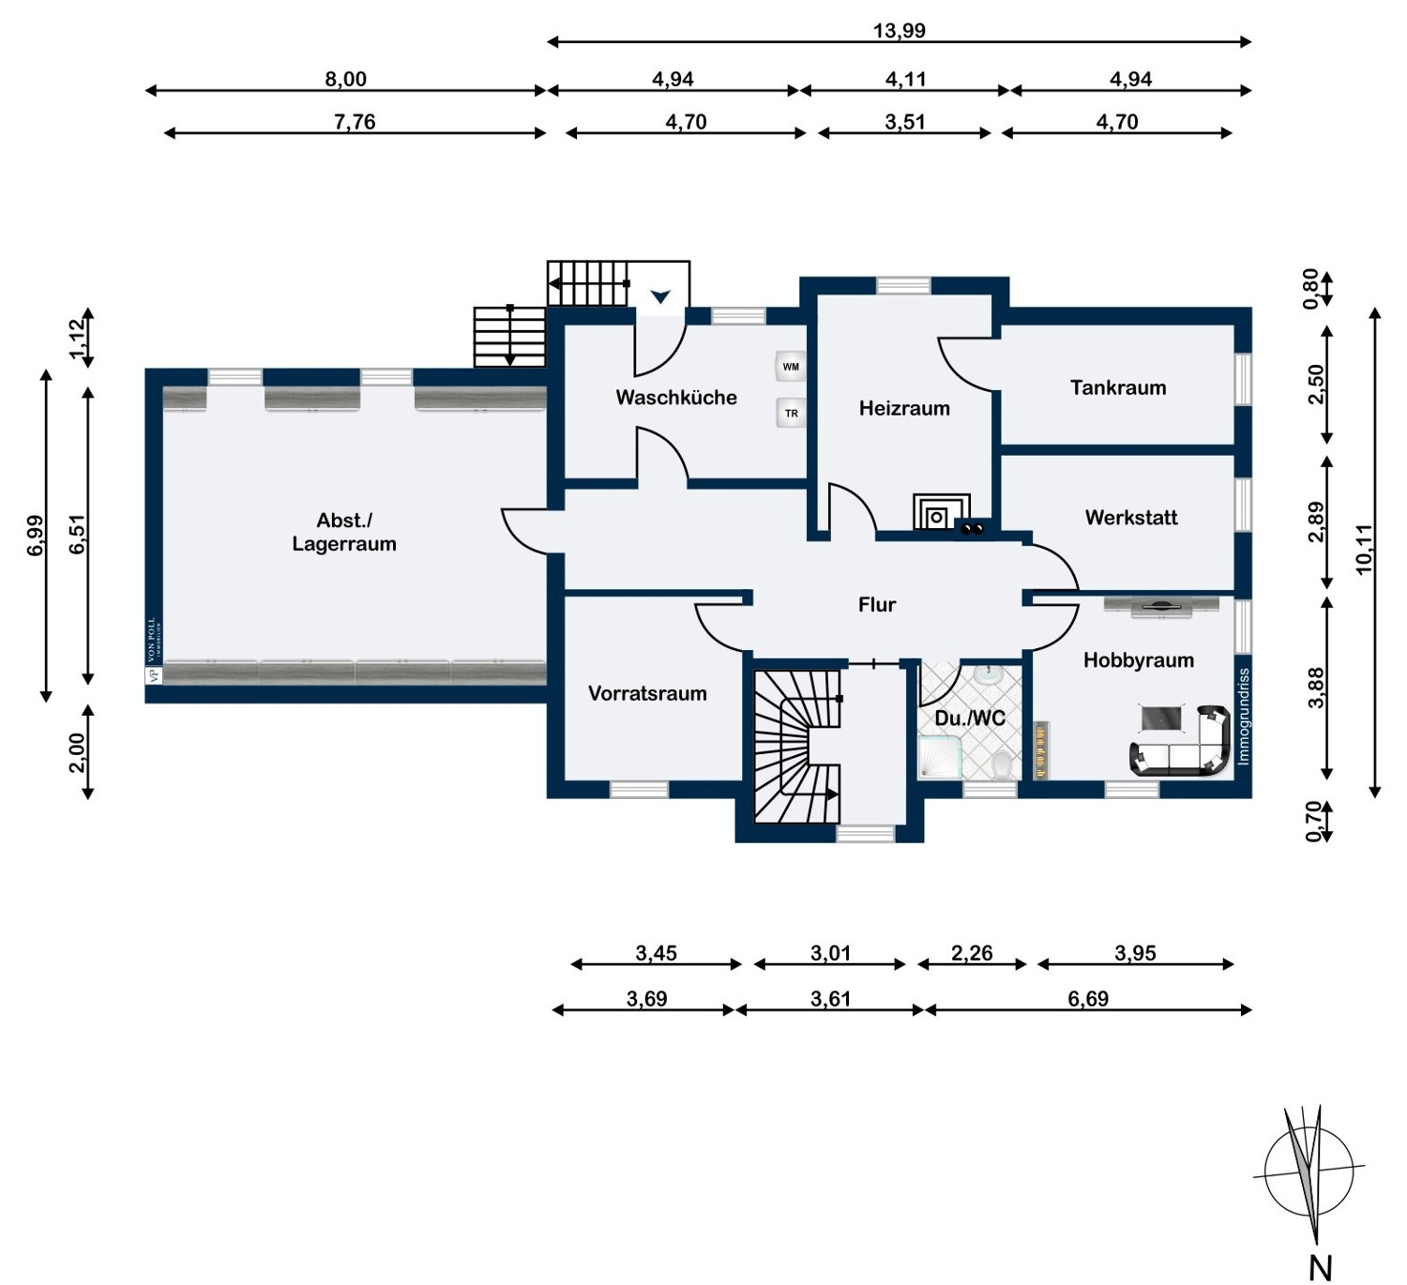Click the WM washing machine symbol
click(x=791, y=366)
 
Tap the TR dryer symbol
click(x=791, y=413)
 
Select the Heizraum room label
click(x=904, y=408)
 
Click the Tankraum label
click(x=1118, y=387)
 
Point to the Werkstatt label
click(x=1130, y=518)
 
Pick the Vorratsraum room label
click(x=647, y=694)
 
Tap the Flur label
click(x=877, y=605)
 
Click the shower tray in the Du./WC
click(x=938, y=758)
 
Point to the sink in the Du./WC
click(x=989, y=674)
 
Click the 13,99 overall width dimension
click(x=900, y=31)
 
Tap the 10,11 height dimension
click(x=1363, y=551)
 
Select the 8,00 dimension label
click(x=345, y=80)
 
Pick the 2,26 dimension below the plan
click(x=972, y=953)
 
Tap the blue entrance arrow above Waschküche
click(x=660, y=296)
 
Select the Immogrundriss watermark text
click(x=1244, y=717)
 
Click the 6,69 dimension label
click(x=1088, y=999)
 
